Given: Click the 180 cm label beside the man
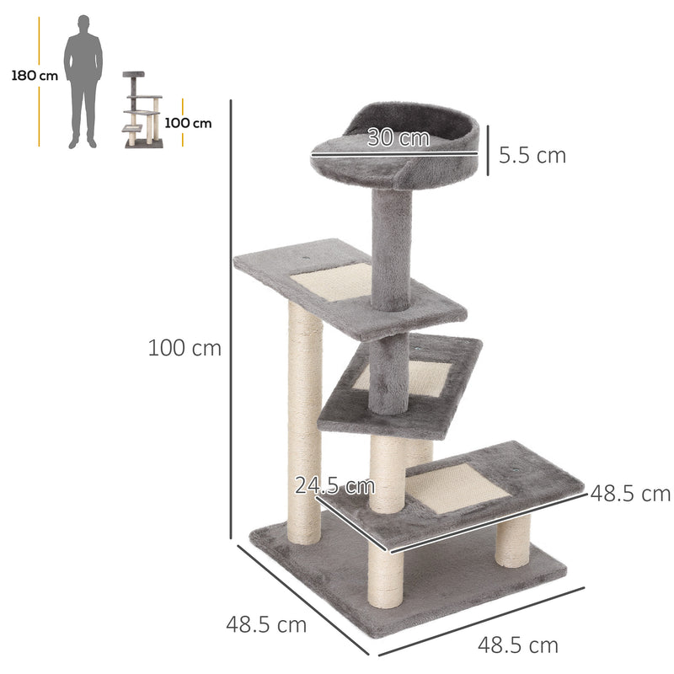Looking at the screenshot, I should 35,76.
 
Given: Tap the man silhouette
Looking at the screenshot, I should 83,80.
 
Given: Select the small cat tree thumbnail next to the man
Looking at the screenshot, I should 142,110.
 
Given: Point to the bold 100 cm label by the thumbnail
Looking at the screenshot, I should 188,123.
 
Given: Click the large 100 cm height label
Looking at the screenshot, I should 185,347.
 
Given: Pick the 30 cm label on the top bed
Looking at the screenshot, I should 399,138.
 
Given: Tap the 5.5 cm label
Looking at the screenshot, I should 532,155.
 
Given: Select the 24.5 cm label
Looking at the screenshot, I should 334,485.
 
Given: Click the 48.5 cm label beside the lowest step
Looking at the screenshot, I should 630,493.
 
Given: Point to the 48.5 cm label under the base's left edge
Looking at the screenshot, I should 266,625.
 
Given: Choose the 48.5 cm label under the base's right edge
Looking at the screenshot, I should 518,645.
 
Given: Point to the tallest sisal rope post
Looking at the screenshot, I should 303,421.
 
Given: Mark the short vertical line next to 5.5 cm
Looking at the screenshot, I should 487,155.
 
